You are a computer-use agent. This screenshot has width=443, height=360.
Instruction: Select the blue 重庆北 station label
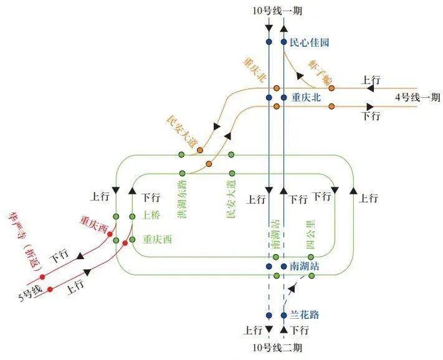coord(310,98)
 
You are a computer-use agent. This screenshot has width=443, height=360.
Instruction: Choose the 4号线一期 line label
coord(417,97)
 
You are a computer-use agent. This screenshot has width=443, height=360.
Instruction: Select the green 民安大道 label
coord(231,199)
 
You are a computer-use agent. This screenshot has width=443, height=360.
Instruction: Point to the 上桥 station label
coord(151,216)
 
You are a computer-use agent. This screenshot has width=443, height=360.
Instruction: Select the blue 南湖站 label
coord(305,266)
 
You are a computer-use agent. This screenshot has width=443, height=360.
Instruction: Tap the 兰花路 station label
coord(305,315)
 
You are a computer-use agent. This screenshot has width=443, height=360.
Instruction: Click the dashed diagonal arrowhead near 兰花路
coord(292,289)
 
